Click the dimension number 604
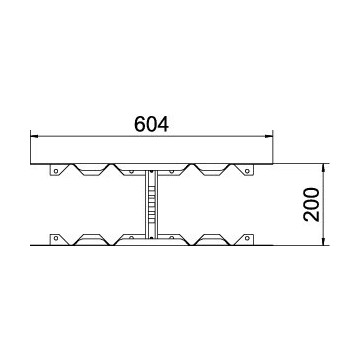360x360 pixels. (151, 124)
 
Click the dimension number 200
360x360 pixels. (312, 204)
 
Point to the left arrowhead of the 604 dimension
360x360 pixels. (34, 136)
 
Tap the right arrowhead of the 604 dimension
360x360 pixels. (269, 136)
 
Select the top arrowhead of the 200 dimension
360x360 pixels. (323, 168)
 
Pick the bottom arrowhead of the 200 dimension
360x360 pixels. (323, 241)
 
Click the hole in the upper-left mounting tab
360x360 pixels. (56, 171)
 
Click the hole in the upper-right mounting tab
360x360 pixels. (247, 171)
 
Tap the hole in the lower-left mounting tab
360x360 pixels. (56, 238)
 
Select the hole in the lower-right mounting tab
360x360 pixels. (247, 238)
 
